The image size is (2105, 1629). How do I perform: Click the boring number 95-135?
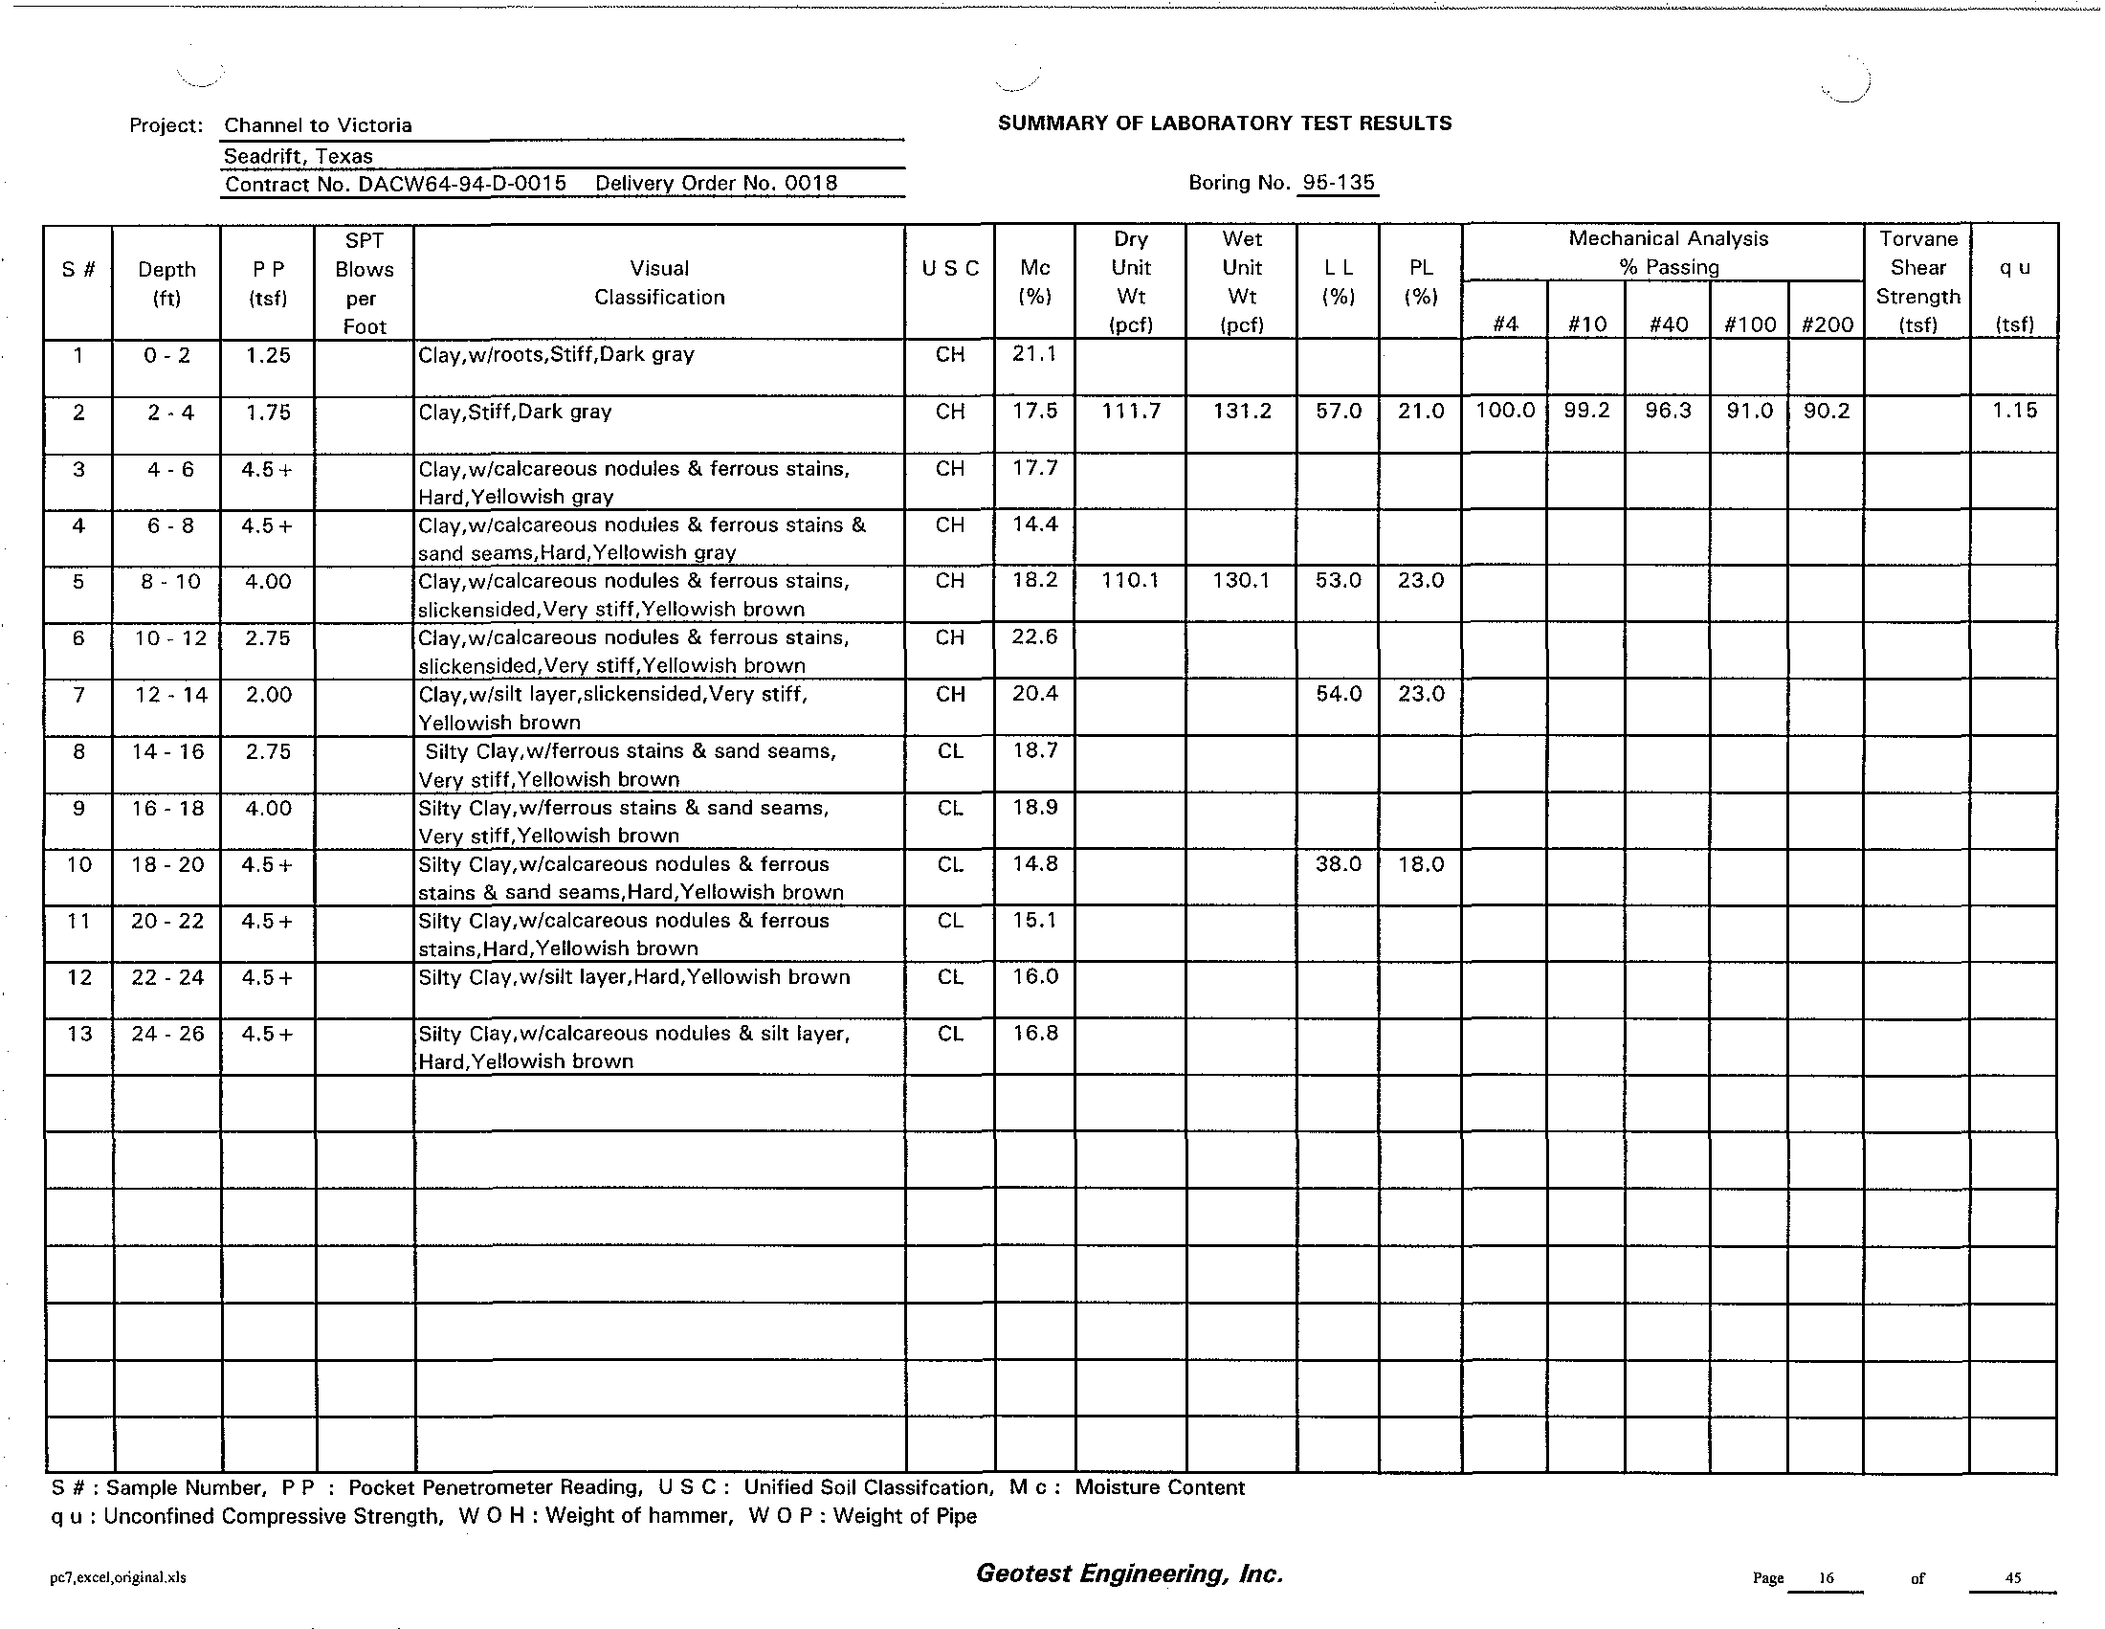(x=1338, y=182)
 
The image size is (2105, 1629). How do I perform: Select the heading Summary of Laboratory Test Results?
(x=1224, y=123)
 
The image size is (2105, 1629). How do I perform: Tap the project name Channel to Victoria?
(x=318, y=125)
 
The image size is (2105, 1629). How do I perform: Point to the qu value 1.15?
(x=2014, y=411)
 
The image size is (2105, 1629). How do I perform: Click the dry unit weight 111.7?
(x=1131, y=412)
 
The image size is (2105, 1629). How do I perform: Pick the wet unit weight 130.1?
(x=1241, y=580)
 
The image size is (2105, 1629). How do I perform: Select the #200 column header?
(x=1827, y=324)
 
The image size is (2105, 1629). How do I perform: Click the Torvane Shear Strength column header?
(x=1917, y=281)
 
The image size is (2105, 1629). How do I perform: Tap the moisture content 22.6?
(x=1034, y=637)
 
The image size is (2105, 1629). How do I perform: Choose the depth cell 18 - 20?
(x=167, y=864)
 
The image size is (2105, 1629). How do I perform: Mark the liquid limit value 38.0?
(x=1338, y=864)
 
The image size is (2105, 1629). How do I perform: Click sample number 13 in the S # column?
(x=79, y=1034)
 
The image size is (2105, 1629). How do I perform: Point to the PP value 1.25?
(x=268, y=355)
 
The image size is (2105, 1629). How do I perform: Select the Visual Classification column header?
(x=659, y=282)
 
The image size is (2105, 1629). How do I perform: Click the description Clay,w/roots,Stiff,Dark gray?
(x=556, y=355)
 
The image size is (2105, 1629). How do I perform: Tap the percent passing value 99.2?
(x=1586, y=412)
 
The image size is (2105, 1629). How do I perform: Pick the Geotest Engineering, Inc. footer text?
(x=1130, y=1574)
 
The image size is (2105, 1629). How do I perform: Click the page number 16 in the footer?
(x=1826, y=1578)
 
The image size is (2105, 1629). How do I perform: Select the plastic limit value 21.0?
(x=1421, y=412)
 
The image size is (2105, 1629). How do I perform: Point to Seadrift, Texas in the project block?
(x=298, y=156)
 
